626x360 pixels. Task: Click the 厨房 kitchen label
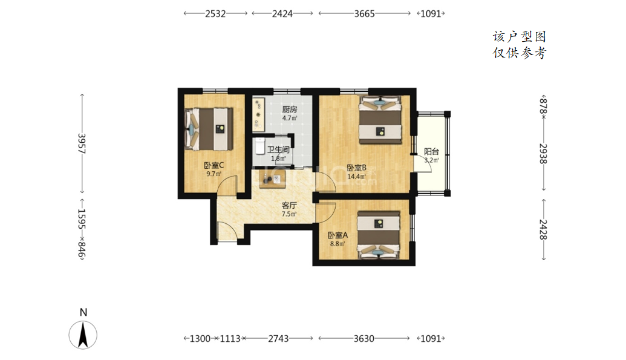point(290,109)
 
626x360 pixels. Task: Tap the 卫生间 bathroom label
point(278,150)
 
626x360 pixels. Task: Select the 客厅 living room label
point(289,205)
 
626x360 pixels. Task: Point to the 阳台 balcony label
point(432,151)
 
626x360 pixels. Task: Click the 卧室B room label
point(356,168)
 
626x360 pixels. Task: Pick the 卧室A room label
point(337,235)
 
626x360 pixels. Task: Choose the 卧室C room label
point(214,165)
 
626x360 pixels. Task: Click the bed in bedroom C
point(209,129)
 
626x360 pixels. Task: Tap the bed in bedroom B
point(380,119)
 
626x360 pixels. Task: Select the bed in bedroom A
point(379,235)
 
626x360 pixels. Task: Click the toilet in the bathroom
point(260,146)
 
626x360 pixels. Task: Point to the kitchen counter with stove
point(258,115)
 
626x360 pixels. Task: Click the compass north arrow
point(83,335)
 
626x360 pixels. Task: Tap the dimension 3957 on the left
point(82,144)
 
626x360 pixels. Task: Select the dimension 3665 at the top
point(365,13)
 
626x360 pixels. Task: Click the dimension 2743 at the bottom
point(278,339)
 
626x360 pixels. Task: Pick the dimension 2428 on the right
point(543,230)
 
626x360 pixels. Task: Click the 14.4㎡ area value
point(356,177)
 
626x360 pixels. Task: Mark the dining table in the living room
point(273,179)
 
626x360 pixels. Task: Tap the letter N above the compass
point(83,312)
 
